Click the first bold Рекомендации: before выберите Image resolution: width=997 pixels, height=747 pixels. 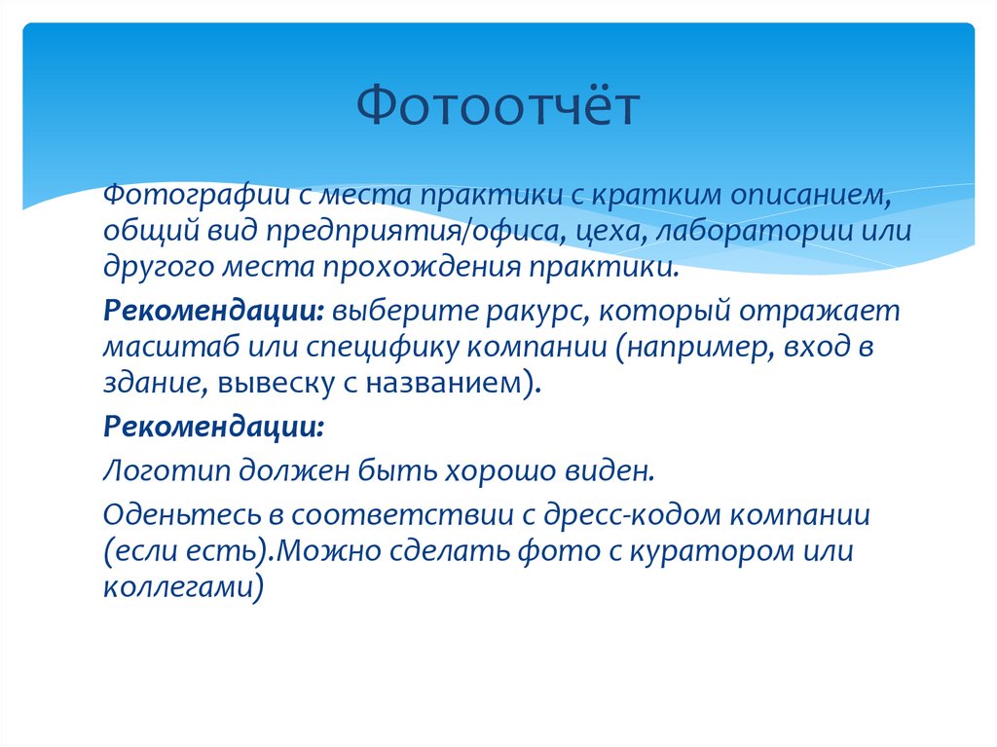[x=215, y=312]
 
